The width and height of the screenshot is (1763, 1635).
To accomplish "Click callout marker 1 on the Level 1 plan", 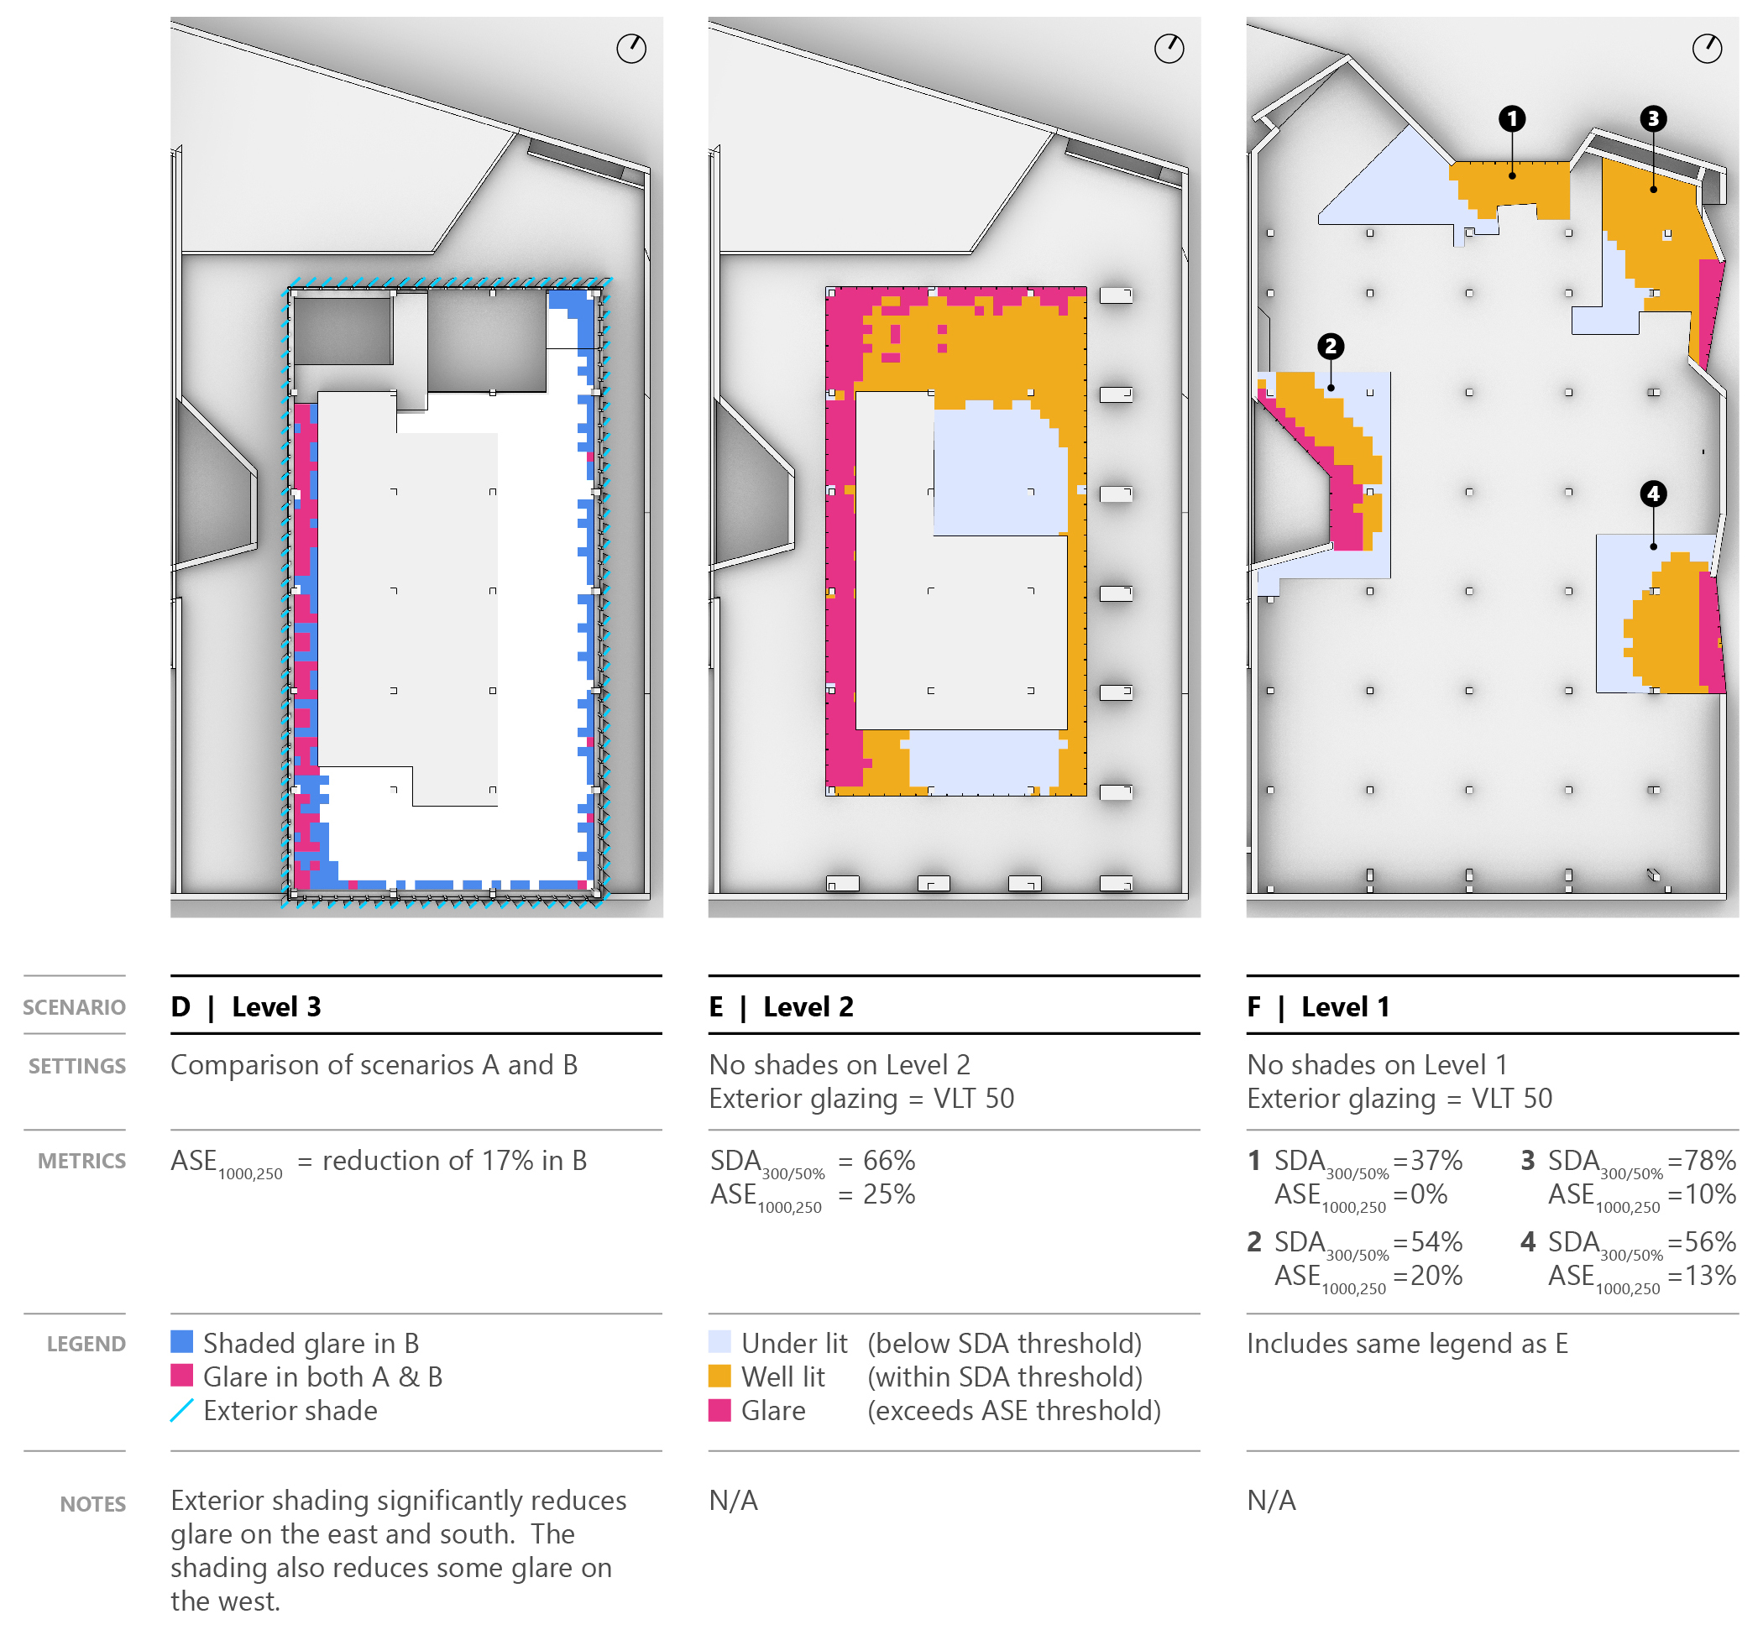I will point(1511,118).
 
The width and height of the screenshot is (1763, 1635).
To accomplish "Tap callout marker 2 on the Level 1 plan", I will point(1329,346).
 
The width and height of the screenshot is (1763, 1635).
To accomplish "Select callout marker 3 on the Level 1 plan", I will point(1651,118).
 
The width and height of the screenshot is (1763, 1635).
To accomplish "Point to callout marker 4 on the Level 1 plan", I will point(1651,493).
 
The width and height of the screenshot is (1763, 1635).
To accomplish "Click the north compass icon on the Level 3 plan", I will point(631,49).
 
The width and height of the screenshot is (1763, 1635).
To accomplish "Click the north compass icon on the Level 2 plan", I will point(1169,49).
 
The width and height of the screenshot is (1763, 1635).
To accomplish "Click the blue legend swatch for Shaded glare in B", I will point(181,1341).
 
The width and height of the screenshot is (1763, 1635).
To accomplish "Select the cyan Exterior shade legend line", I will point(181,1409).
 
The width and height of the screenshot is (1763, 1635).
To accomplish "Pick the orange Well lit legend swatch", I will point(719,1376).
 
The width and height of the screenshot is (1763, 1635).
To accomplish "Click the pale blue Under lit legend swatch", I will point(719,1341).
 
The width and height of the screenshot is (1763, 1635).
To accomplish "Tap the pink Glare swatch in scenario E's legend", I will point(719,1409).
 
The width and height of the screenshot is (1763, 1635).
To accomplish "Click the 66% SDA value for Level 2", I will point(888,1160).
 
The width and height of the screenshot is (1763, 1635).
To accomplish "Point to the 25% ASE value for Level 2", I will point(888,1194).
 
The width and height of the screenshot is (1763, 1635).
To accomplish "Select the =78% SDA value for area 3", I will point(1700,1160).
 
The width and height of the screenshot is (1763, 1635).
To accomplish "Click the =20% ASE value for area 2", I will point(1426,1275).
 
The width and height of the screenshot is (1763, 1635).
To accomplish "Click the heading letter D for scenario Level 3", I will point(180,1006).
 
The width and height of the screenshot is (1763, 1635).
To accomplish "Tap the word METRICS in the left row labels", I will point(81,1161).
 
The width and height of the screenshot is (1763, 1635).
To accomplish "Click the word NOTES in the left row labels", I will point(93,1503).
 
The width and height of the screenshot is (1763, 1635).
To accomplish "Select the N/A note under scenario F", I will point(1271,1500).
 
